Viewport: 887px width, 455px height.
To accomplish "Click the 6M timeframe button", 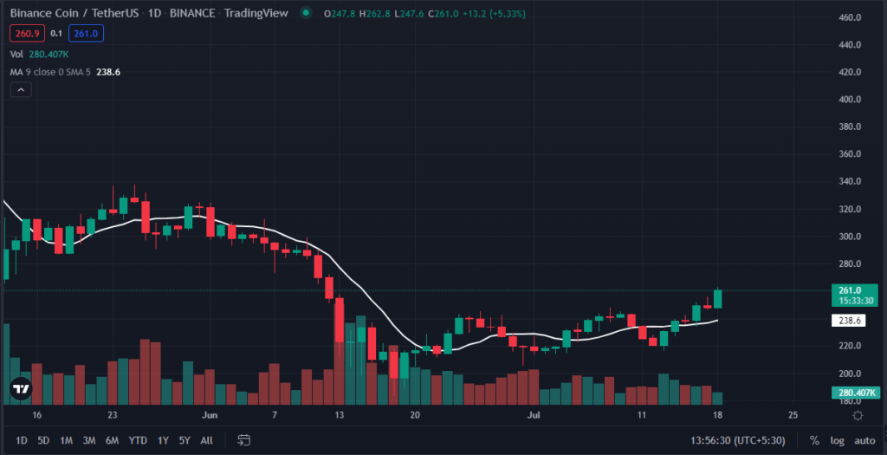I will [112, 440].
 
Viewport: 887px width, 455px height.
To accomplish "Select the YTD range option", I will [138, 440].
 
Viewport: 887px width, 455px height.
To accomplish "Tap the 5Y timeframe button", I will [185, 440].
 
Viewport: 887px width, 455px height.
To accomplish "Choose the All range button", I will [206, 440].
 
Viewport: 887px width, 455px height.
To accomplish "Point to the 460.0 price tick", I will [848, 17].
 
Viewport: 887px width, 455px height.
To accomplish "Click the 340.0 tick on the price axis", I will [848, 181].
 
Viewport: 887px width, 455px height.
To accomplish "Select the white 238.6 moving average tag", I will [848, 321].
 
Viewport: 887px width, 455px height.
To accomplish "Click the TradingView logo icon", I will [21, 391].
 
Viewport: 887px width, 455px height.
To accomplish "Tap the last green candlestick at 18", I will [718, 298].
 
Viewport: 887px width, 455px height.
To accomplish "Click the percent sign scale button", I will [813, 440].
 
